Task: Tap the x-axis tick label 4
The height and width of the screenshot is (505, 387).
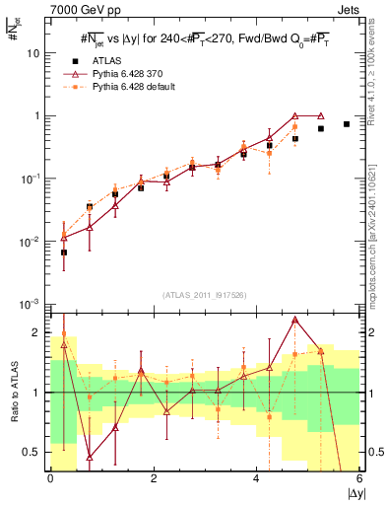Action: click(256, 478)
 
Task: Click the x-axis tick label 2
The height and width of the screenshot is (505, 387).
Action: click(154, 478)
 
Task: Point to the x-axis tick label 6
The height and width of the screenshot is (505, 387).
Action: click(358, 478)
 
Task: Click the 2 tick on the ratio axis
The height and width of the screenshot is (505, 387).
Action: click(40, 332)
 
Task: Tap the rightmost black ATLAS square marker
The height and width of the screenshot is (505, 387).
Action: click(346, 124)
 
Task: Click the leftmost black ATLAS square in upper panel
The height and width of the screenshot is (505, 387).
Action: click(64, 252)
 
